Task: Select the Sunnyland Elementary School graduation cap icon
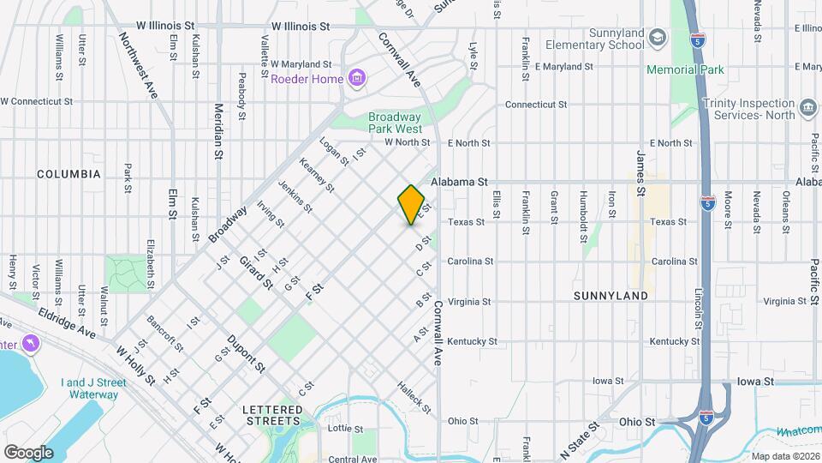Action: pyautogui.click(x=658, y=37)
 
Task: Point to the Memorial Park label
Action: pyautogui.click(x=685, y=69)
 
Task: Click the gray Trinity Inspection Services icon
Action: pyautogui.click(x=807, y=109)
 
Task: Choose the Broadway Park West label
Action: pyautogui.click(x=395, y=123)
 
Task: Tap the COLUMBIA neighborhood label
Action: pyautogui.click(x=68, y=174)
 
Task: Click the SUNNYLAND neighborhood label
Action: pyautogui.click(x=610, y=296)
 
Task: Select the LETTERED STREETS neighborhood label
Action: pyautogui.click(x=271, y=415)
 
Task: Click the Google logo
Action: pyautogui.click(x=27, y=453)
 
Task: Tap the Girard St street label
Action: pyautogui.click(x=255, y=272)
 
